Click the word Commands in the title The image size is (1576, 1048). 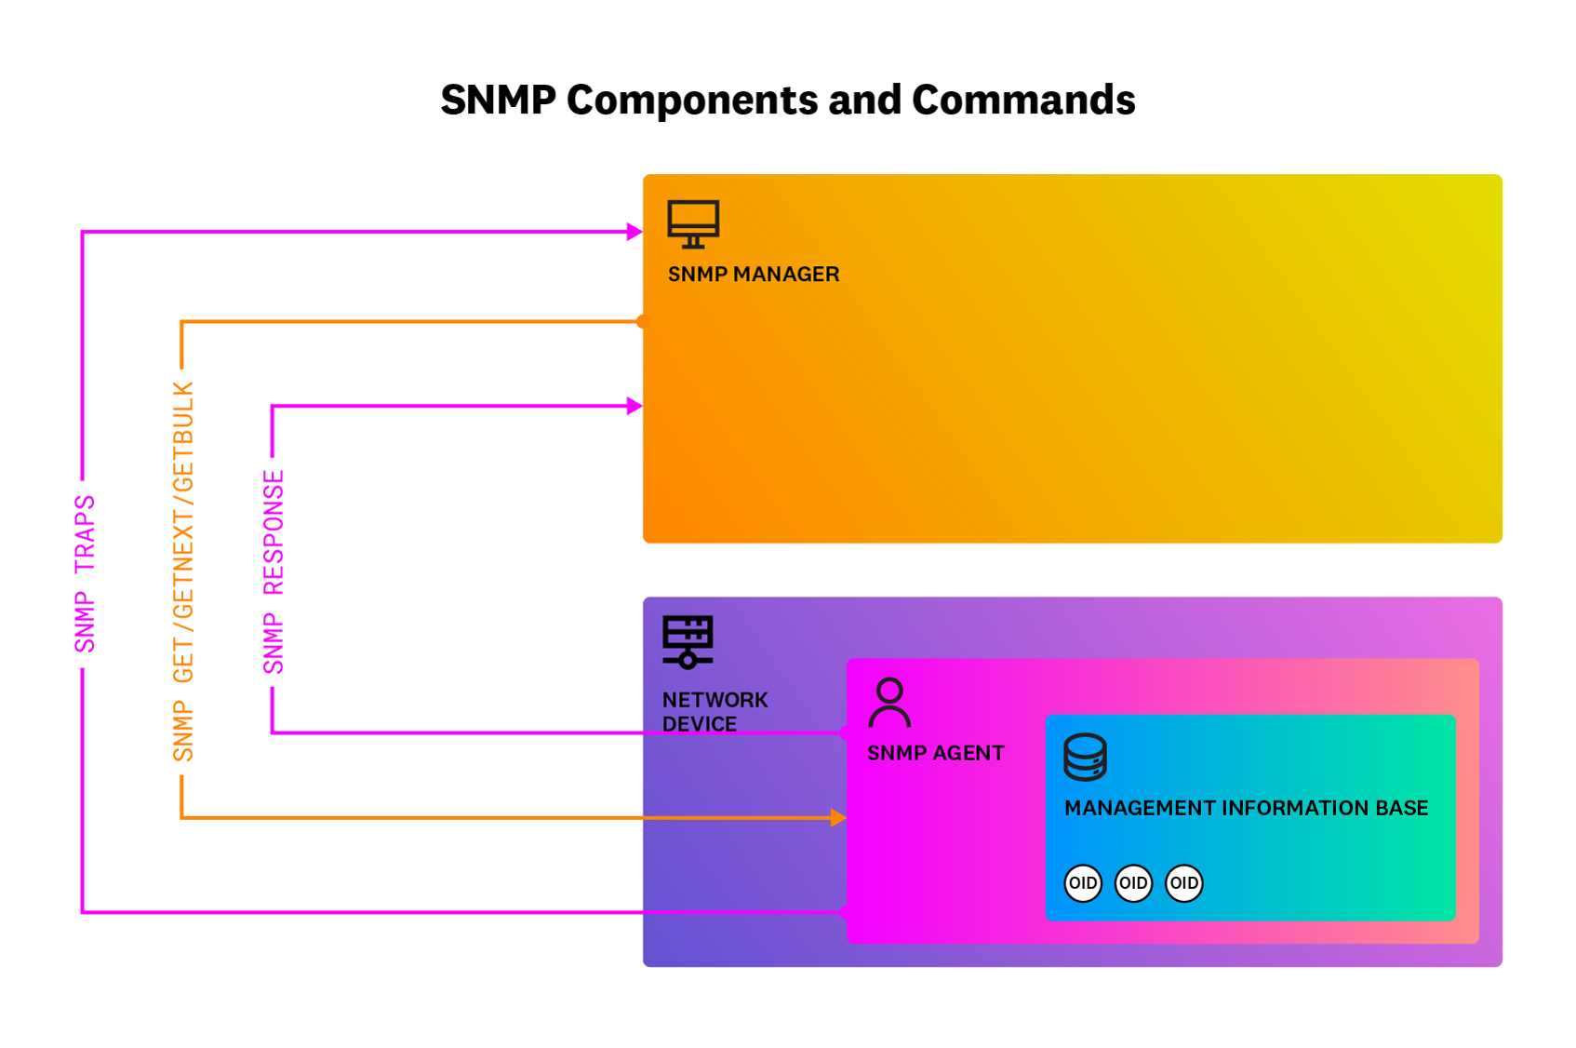1022,100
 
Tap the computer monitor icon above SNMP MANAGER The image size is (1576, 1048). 693,224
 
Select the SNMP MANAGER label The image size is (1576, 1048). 754,275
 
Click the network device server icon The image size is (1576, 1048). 688,641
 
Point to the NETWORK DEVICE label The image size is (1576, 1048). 715,711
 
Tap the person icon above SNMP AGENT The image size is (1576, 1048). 889,703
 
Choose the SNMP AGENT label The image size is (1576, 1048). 935,753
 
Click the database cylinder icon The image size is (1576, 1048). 1085,757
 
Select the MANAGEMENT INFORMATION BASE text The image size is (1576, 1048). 1246,808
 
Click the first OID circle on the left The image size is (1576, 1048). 1083,882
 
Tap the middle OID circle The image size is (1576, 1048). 1133,882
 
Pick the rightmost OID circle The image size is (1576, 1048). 1183,882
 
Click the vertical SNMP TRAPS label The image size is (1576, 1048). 85,573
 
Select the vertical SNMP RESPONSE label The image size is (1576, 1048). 273,571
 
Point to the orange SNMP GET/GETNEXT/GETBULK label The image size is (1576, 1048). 183,571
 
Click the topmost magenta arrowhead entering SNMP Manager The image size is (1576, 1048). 634,232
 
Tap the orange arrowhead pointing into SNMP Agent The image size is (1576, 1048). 838,817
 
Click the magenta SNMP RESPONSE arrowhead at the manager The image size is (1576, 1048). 634,406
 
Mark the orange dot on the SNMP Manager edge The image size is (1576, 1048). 642,322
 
